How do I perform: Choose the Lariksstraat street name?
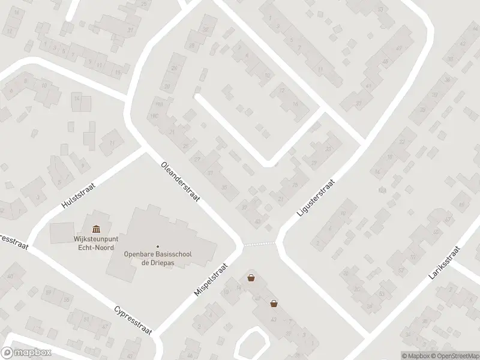click(x=444, y=263)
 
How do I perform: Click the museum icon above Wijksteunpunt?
click(x=96, y=229)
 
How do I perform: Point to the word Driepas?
click(x=165, y=262)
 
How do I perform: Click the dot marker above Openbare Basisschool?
click(x=158, y=245)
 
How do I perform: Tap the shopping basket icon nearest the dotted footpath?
click(x=251, y=278)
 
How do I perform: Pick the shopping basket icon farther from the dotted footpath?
click(x=274, y=303)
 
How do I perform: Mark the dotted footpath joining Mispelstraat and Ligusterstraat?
click(x=260, y=244)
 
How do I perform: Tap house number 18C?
click(x=154, y=116)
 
